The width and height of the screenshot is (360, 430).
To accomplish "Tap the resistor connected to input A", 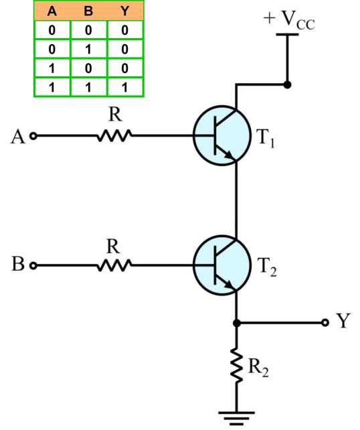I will (113, 135).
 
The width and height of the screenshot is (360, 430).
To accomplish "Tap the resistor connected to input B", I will (113, 266).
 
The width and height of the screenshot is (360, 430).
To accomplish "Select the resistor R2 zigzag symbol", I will (236, 366).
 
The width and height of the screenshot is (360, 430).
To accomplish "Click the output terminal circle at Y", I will (325, 322).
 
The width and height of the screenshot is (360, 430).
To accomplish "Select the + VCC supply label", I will (289, 21).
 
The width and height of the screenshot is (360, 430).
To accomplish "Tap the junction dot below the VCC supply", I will (288, 85).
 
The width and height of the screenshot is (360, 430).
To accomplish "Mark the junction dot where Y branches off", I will (236, 322).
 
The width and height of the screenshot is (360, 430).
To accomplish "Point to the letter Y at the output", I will (343, 322).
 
